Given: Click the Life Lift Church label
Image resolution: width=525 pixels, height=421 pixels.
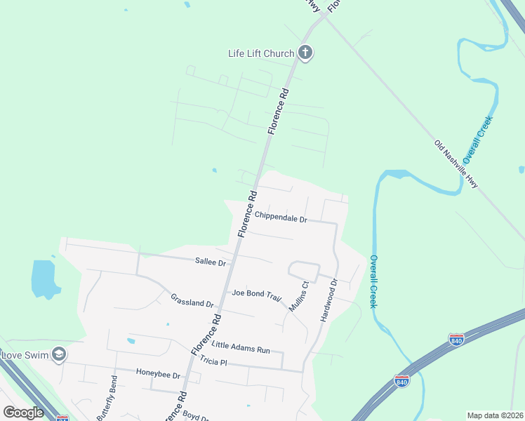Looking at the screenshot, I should [x=260, y=53].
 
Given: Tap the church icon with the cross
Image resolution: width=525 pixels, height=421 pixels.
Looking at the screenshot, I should [x=305, y=52].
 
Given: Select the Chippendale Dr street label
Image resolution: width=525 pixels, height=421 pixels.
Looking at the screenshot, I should [x=281, y=218].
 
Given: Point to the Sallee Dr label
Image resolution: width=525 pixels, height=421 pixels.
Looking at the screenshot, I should [x=211, y=262].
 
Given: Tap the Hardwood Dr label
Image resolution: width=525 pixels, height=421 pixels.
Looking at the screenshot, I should [x=329, y=300].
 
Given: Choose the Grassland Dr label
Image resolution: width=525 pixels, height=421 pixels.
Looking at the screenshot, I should [x=192, y=301].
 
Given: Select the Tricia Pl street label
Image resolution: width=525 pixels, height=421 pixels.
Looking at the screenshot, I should [x=213, y=361].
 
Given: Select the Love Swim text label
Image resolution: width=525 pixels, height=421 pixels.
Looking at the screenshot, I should [x=25, y=355].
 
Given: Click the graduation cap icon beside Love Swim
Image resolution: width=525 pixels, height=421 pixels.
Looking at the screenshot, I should [x=59, y=354].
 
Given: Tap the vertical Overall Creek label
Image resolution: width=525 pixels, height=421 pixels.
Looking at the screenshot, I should [x=373, y=281].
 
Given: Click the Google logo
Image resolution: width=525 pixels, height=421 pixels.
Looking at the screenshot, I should [x=23, y=413].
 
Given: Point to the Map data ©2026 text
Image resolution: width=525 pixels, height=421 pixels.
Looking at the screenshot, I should [x=495, y=415].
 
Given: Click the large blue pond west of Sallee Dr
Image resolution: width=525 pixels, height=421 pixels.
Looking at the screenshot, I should [x=43, y=278].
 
